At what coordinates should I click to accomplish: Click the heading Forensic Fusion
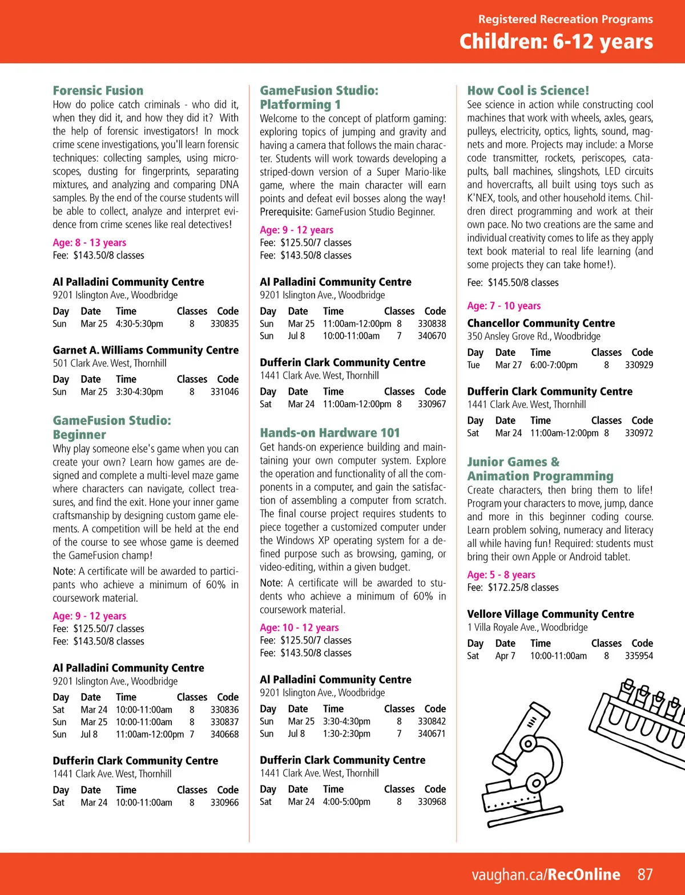point(98,91)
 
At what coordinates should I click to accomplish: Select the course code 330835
point(224,323)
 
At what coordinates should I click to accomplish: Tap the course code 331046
point(224,392)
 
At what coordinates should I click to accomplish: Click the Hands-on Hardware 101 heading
point(330,433)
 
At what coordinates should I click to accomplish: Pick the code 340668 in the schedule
point(224,734)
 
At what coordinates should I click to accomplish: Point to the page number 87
point(645,874)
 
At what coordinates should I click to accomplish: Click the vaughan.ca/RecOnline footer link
point(546,874)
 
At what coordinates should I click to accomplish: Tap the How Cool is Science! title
point(528,91)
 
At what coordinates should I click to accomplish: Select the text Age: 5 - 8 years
point(501,574)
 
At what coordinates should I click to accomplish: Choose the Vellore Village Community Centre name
point(550,614)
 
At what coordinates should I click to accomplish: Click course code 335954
point(639,656)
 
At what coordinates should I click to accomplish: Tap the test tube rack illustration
point(645,713)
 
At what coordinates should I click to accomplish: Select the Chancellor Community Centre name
point(541,323)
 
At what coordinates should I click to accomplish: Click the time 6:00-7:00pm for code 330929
point(554,365)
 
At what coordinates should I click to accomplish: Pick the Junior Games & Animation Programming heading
point(540,469)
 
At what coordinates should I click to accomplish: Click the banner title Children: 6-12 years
point(556,42)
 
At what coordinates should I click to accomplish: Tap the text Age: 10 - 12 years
point(299,627)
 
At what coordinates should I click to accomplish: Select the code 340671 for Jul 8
point(432,734)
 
